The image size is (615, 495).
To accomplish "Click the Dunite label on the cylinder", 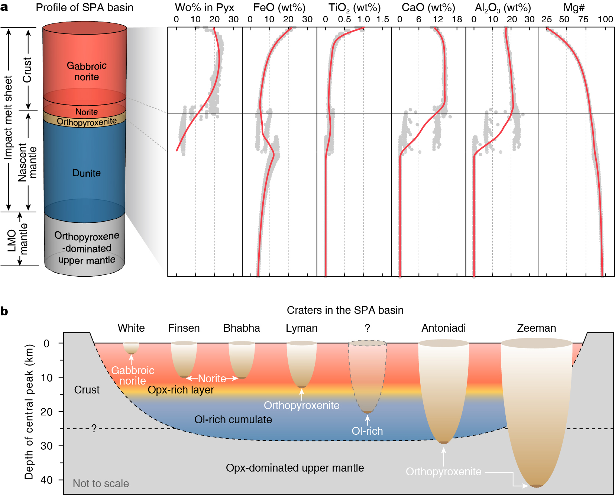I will tap(87, 173).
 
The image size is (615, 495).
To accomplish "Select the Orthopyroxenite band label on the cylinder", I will tap(87, 122).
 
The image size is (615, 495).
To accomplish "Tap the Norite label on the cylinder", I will tap(87, 112).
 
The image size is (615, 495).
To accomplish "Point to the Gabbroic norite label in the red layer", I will tap(87, 71).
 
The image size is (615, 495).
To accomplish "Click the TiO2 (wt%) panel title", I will tap(354, 8).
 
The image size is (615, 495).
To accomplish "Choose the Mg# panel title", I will tap(574, 8).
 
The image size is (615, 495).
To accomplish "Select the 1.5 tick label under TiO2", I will tap(382, 19).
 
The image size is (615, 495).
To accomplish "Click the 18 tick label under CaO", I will tap(457, 19).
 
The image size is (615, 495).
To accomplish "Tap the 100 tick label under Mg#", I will tap(605, 19).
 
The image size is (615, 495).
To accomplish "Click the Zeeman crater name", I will tap(536, 328).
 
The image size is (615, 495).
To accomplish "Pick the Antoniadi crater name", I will tap(443, 328).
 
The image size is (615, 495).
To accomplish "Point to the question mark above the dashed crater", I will tap(367, 328).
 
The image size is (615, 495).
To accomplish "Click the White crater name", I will tap(131, 328).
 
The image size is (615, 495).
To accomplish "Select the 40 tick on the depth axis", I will tap(47, 480).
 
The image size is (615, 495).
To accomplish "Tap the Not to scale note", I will tap(101, 483).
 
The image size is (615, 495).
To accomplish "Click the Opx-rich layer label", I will tap(181, 390).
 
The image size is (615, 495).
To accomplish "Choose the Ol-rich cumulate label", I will tap(233, 420).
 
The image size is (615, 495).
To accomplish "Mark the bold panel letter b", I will tap(4, 311).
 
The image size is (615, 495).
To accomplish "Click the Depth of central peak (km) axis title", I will tap(29, 411).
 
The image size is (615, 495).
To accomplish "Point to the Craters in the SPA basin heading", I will tap(345, 310).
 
